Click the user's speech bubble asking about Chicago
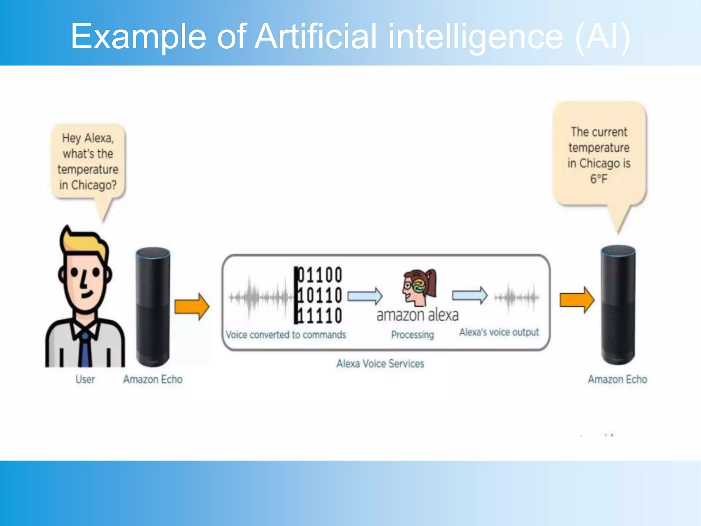tap(88, 162)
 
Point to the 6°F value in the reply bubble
tap(599, 179)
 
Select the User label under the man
tap(85, 379)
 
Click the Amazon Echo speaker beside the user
tap(153, 306)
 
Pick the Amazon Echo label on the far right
tap(617, 379)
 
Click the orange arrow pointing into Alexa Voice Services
tap(192, 306)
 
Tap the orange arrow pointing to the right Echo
tap(577, 300)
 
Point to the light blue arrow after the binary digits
tap(365, 296)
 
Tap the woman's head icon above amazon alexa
tap(419, 287)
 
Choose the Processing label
tap(412, 335)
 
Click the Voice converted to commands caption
tap(286, 335)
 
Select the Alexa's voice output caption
tap(499, 332)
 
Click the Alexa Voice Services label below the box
tap(380, 363)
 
